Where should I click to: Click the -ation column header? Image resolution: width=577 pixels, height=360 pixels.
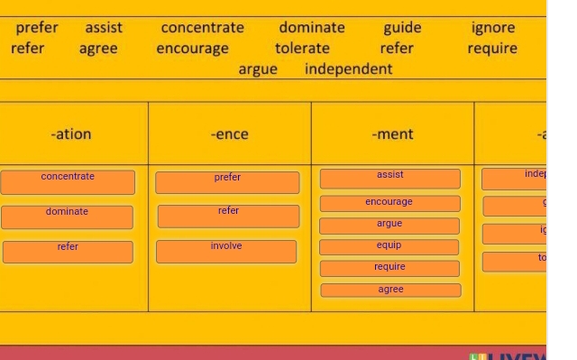pos(71,134)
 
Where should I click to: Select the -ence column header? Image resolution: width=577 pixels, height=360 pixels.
pos(229,134)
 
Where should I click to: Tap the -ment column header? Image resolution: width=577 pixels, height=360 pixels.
pos(392,134)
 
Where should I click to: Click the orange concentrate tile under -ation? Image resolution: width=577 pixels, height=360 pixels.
pos(68,181)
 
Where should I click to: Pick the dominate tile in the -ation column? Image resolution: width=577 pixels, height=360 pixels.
pos(68,217)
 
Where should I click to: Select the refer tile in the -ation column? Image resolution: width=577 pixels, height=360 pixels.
pos(68,251)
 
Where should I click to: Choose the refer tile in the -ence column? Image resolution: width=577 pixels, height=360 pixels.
pos(228,216)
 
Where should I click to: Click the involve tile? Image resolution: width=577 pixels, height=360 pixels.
pos(226,251)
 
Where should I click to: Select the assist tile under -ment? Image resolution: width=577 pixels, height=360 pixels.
pos(390,179)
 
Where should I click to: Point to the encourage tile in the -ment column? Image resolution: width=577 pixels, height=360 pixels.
pos(389,203)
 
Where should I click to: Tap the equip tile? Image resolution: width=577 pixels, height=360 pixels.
pos(389,246)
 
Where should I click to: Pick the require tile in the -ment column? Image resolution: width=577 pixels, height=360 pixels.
pos(389,268)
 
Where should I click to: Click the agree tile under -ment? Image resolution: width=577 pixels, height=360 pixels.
pos(390,291)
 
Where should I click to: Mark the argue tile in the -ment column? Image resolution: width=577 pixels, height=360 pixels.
pos(389,225)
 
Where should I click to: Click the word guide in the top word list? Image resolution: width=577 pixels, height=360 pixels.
pos(402,28)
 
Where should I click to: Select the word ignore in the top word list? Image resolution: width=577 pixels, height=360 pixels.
pos(493,28)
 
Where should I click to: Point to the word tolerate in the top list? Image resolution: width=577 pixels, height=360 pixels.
pos(302,49)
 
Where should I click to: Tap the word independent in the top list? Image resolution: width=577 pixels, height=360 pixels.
pos(348,69)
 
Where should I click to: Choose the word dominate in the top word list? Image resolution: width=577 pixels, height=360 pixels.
pos(311,28)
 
